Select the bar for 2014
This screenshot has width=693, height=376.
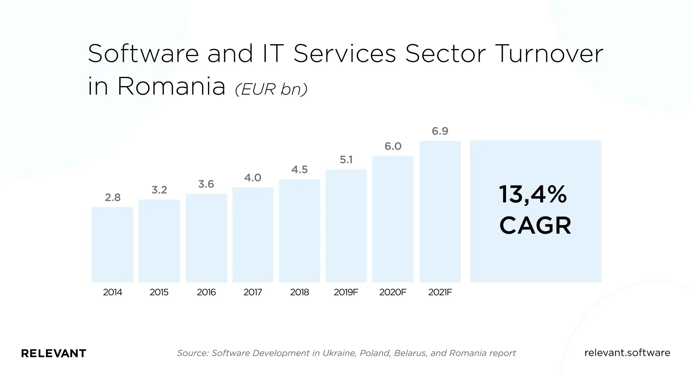click(113, 245)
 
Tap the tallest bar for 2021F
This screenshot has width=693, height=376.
click(440, 211)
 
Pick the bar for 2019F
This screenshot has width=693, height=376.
click(346, 226)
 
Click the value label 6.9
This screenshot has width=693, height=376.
click(440, 131)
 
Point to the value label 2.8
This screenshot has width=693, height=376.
click(113, 198)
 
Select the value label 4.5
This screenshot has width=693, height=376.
click(300, 169)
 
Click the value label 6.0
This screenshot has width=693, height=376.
click(393, 146)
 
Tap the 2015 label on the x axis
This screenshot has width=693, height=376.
click(159, 292)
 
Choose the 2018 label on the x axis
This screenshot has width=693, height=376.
click(300, 292)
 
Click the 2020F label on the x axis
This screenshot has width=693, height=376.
click(393, 292)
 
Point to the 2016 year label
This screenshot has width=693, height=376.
click(206, 292)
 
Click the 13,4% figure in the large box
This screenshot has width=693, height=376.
click(533, 195)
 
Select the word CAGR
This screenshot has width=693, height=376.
click(535, 225)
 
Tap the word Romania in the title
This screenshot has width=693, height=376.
click(172, 86)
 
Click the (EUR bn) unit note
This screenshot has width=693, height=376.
click(271, 89)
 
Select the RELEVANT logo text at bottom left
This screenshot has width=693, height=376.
click(54, 353)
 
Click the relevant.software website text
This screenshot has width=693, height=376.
click(627, 353)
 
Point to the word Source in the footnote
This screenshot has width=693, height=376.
click(193, 353)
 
